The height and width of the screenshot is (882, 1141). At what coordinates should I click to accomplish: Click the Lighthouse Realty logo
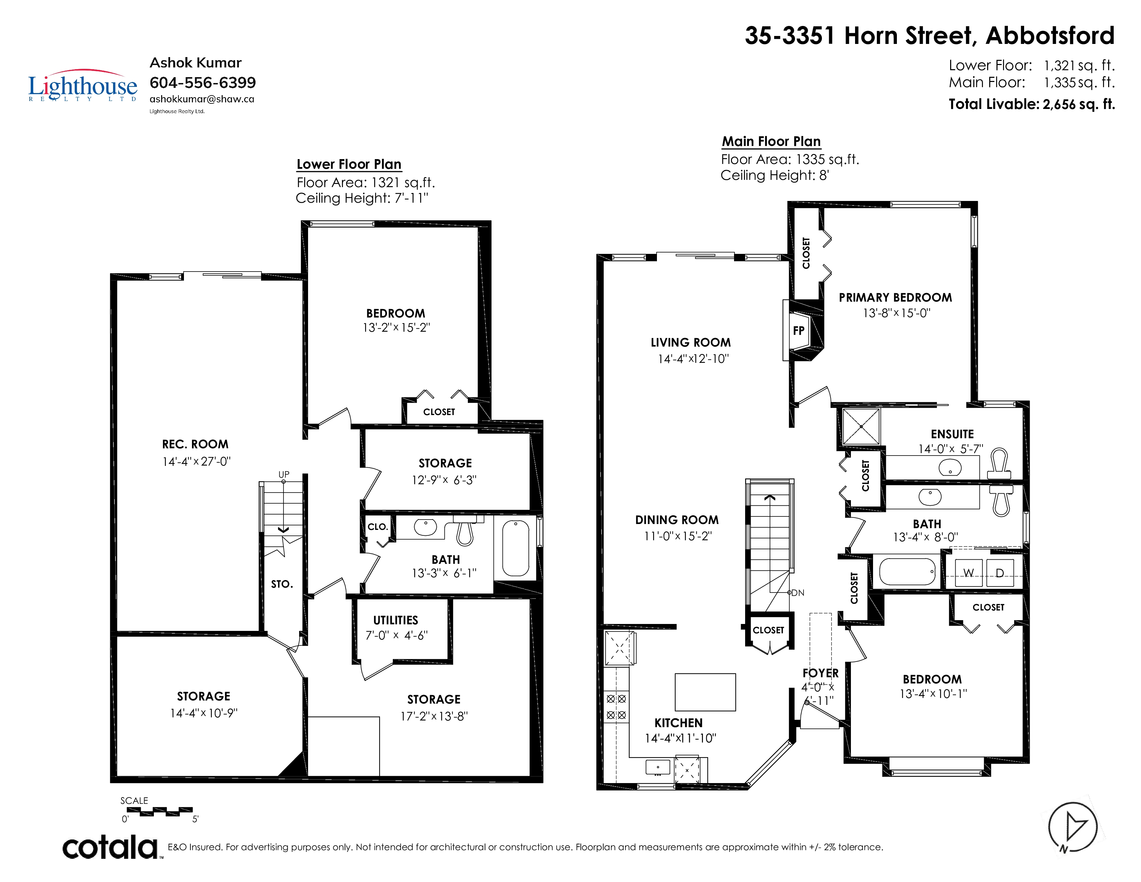coord(83,86)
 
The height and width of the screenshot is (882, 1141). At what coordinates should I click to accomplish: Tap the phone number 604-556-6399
coord(203,83)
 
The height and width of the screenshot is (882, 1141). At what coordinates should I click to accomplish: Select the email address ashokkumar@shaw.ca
coord(202,99)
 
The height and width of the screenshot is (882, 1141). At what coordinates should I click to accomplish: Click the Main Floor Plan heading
coord(771,141)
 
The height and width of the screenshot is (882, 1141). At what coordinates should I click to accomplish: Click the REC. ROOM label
coord(195,444)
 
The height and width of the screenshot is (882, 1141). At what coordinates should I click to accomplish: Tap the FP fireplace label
coord(799,331)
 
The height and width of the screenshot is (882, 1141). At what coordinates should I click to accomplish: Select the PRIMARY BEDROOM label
coord(896,298)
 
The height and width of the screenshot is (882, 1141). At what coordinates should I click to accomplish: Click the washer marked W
coord(968,573)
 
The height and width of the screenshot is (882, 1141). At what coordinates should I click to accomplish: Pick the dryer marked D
coord(1000,573)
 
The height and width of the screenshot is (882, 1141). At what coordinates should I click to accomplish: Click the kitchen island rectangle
coord(705,692)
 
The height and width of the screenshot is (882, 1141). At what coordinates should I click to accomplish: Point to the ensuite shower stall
coord(861,426)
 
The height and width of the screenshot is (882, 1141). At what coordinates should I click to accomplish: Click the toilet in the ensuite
coord(999,463)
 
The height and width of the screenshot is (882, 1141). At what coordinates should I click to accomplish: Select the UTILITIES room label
coord(396,620)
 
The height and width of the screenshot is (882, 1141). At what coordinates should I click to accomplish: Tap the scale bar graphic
coord(160,811)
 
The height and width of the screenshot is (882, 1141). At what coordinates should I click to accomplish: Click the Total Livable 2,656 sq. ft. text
coord(1032,104)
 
